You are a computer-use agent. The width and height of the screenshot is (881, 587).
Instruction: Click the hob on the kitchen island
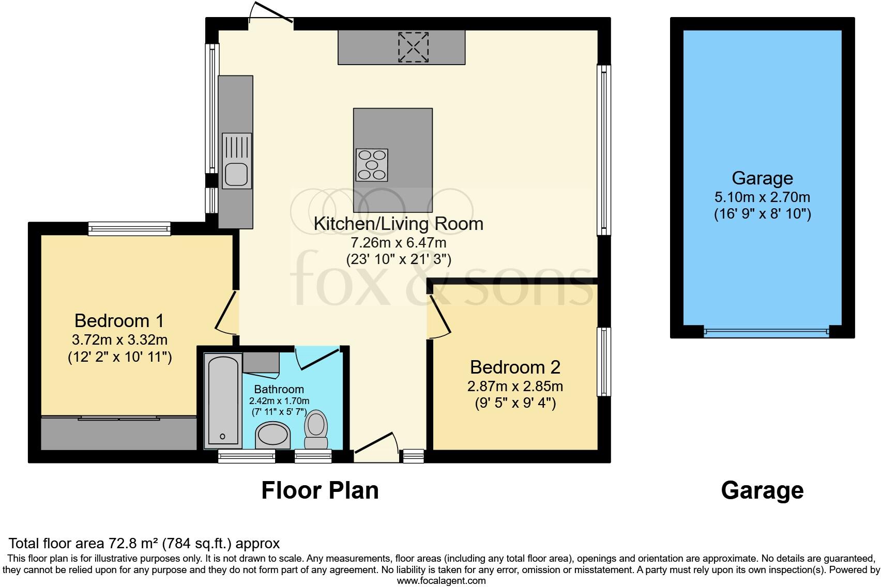click(x=372, y=165)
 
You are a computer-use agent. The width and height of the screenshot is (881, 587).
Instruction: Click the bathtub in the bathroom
click(x=223, y=400)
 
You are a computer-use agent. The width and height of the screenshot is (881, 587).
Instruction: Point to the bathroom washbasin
click(x=274, y=435)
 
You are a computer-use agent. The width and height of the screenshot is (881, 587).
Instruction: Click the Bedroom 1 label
click(x=119, y=321)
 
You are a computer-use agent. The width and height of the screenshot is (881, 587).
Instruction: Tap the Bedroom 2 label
click(x=515, y=367)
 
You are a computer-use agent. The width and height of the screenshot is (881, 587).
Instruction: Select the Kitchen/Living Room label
click(x=399, y=224)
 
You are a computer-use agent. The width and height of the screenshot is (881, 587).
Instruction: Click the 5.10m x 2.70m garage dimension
click(x=762, y=197)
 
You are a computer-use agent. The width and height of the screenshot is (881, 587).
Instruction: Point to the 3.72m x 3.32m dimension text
click(x=119, y=340)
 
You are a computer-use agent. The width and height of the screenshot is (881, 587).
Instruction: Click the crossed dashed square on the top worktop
click(x=413, y=47)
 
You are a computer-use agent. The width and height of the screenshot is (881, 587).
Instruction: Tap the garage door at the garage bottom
click(x=766, y=332)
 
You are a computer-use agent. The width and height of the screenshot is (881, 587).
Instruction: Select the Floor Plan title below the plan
click(x=320, y=490)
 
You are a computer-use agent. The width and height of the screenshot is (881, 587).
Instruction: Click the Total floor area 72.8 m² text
click(x=144, y=544)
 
